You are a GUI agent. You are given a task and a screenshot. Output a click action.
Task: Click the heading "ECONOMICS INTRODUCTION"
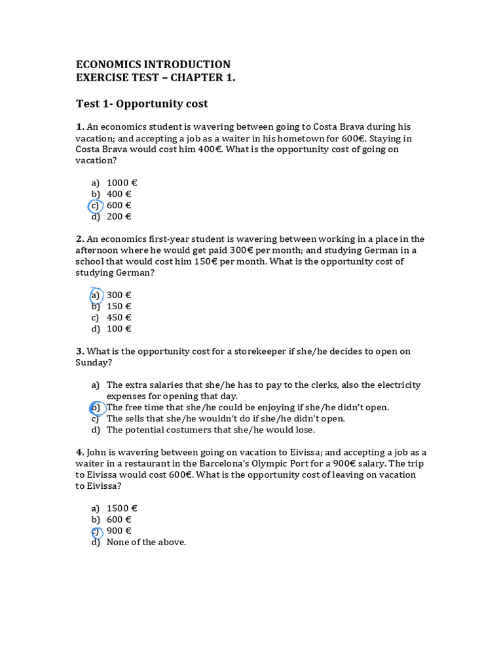(x=153, y=64)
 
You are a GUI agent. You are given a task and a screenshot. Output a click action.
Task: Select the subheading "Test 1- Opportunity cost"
(x=142, y=104)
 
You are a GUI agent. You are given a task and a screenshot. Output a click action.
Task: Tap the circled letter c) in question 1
(x=95, y=206)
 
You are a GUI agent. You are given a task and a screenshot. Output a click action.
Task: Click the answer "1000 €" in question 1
(x=122, y=183)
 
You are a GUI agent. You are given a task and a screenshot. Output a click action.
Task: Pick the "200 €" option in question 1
(x=119, y=217)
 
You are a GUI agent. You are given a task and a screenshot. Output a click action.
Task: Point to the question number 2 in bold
(x=80, y=239)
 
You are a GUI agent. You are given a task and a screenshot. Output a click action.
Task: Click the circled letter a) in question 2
(x=95, y=295)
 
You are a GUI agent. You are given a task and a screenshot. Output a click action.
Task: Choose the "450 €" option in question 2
(x=119, y=318)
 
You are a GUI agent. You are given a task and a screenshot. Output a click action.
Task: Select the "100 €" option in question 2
(x=119, y=329)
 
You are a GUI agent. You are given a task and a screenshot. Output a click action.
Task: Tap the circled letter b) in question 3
(x=95, y=408)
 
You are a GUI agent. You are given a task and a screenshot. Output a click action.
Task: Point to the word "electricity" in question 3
(x=396, y=385)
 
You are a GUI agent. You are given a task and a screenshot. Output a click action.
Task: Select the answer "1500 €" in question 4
(x=122, y=508)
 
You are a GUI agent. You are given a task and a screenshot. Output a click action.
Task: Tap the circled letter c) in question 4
(x=96, y=531)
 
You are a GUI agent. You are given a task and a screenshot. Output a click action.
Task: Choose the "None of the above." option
(x=146, y=542)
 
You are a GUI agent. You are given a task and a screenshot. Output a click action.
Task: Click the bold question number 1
(x=80, y=126)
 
